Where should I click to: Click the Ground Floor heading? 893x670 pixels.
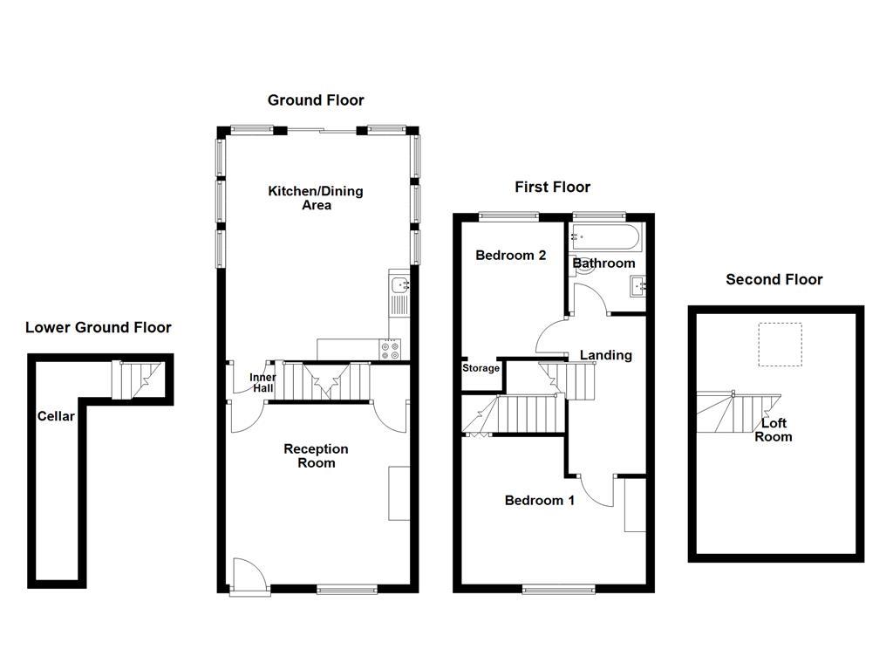tap(316, 100)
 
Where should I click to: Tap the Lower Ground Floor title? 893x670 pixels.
tap(99, 328)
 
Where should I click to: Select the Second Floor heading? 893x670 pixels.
tap(774, 280)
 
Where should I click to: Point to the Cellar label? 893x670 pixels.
tap(57, 416)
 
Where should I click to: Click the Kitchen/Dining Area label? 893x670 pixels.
tap(316, 198)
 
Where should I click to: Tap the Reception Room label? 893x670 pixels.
tap(316, 455)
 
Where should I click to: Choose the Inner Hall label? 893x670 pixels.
tap(262, 382)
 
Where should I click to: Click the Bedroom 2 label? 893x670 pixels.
tap(510, 256)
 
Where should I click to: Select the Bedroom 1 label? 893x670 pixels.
tap(540, 501)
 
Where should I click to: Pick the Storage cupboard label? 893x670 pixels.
tap(481, 368)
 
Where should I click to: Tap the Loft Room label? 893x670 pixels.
tap(774, 430)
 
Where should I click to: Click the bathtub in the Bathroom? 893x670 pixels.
tap(605, 237)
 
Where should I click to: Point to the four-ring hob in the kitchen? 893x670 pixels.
tap(390, 349)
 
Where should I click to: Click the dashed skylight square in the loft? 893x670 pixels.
tap(779, 344)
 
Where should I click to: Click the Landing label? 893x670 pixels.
tap(605, 355)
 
